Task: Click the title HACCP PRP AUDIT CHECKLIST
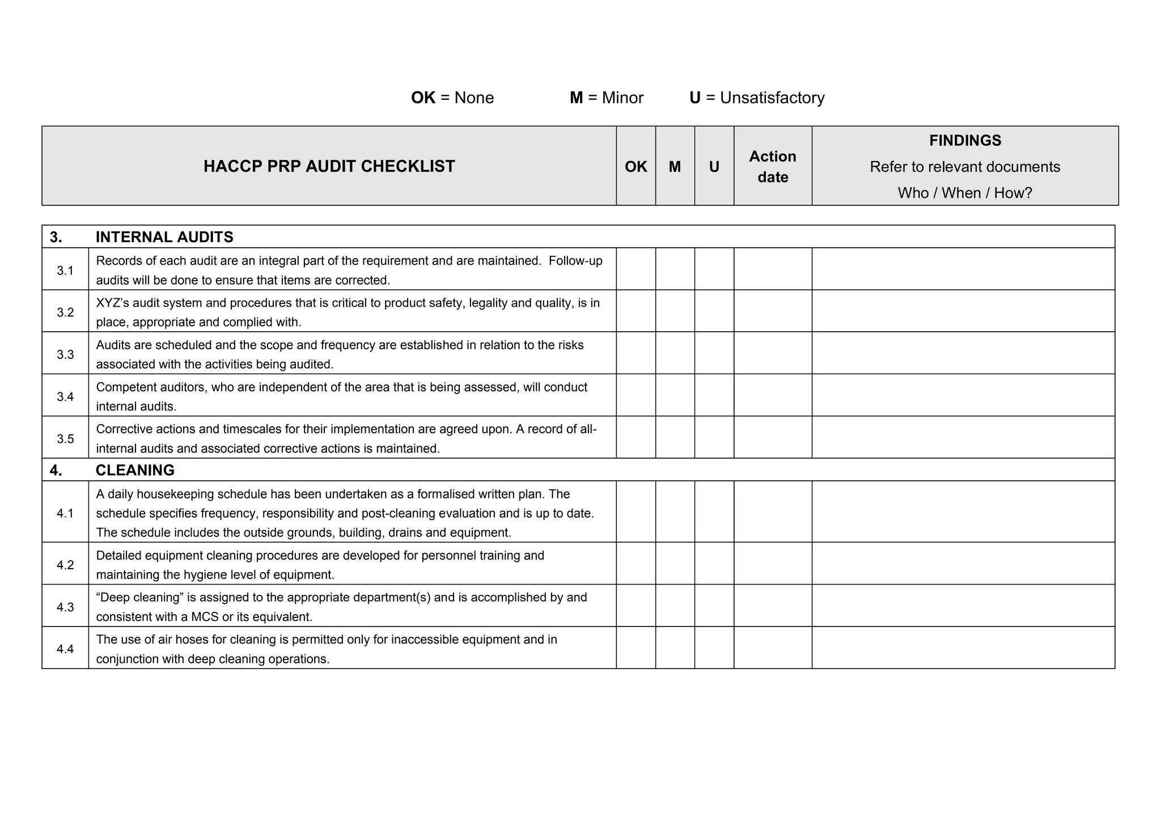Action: click(x=329, y=166)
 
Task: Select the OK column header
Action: click(x=635, y=167)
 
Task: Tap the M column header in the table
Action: click(x=675, y=167)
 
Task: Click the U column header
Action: click(x=714, y=167)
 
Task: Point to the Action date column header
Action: click(x=772, y=167)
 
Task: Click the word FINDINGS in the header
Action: click(x=965, y=141)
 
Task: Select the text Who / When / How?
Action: click(x=965, y=193)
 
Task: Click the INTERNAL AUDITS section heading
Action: click(x=164, y=237)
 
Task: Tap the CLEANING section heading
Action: click(x=135, y=470)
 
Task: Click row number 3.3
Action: click(x=65, y=354)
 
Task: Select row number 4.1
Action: click(x=65, y=513)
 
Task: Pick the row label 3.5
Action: click(x=65, y=439)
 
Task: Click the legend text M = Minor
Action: click(x=607, y=98)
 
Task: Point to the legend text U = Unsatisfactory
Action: click(x=757, y=98)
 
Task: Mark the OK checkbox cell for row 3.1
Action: click(x=635, y=269)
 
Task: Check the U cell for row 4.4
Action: click(x=714, y=648)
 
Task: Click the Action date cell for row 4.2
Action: click(x=772, y=564)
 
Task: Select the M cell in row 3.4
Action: click(x=675, y=395)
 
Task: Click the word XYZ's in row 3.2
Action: click(x=113, y=303)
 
